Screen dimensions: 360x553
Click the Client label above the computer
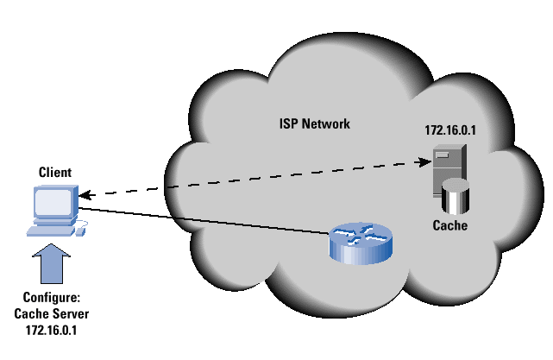(x=54, y=173)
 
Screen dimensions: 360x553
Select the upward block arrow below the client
(x=51, y=263)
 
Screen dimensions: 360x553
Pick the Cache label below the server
(x=449, y=226)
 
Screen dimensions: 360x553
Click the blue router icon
(x=361, y=241)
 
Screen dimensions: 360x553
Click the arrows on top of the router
(x=361, y=232)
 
